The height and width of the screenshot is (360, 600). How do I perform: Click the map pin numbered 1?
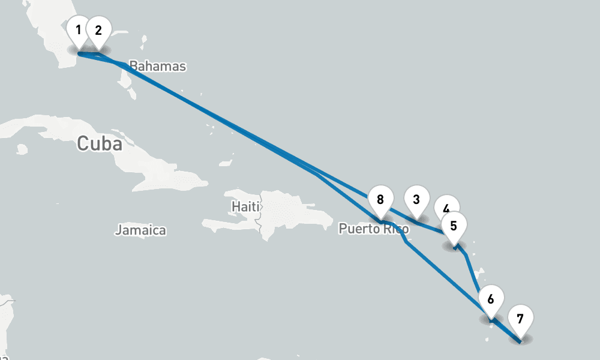(x=78, y=30)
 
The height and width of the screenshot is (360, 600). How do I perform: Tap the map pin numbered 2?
(x=98, y=30)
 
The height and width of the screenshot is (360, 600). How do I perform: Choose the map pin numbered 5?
(x=454, y=226)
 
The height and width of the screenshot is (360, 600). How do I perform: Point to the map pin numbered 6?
(x=491, y=299)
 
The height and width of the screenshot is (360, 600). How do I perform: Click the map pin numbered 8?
(x=380, y=199)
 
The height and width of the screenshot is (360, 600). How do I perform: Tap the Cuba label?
(x=100, y=144)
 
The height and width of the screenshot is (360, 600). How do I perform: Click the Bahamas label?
(x=158, y=66)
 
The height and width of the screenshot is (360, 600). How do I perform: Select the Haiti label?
(x=245, y=206)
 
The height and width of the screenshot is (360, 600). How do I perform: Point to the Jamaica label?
(x=140, y=230)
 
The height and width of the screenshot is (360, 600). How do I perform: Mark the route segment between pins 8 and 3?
(x=399, y=215)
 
